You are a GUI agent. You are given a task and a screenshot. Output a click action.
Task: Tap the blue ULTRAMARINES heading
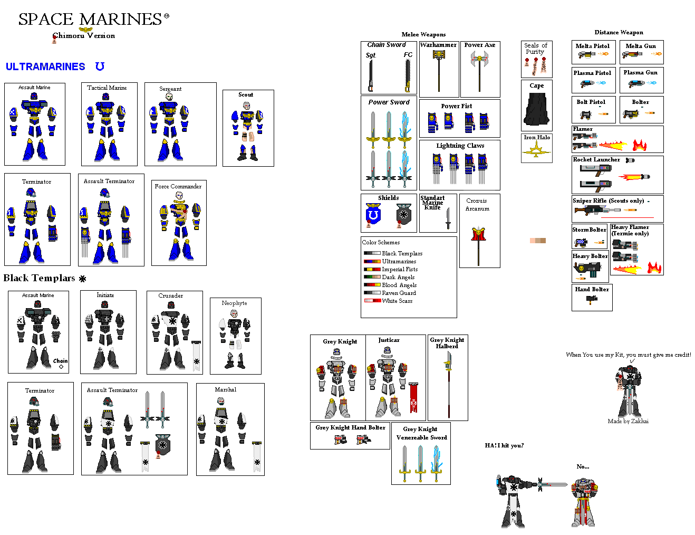[x=45, y=67]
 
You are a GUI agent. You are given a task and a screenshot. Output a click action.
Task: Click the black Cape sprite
[x=537, y=108]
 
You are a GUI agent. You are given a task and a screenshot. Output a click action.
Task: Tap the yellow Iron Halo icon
[x=536, y=150]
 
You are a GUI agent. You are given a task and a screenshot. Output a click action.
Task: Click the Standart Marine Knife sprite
[x=448, y=218]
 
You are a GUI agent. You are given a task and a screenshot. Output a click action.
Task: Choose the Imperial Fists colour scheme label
[x=400, y=270]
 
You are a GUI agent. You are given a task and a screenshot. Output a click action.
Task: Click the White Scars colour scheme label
[x=397, y=301]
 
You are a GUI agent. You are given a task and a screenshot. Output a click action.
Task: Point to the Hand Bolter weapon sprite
[x=592, y=300]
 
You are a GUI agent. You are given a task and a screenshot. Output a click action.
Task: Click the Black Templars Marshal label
[x=226, y=390]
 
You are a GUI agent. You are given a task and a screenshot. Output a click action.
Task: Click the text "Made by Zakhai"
[x=628, y=421]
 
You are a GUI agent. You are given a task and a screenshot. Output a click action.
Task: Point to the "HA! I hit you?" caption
[x=504, y=446]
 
